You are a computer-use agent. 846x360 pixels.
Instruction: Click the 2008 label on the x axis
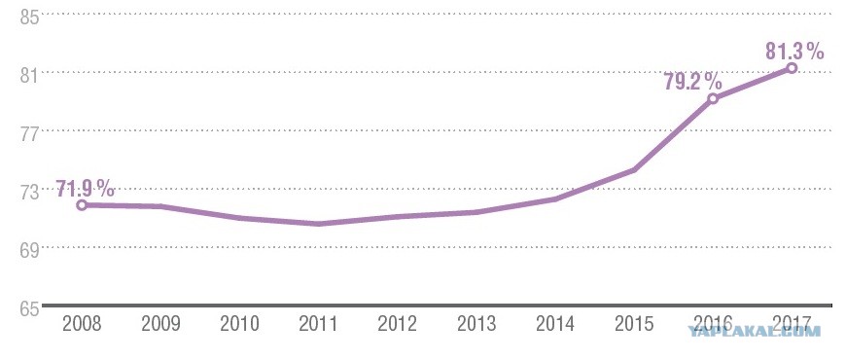(x=82, y=324)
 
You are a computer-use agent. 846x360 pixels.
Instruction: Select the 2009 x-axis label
(x=160, y=324)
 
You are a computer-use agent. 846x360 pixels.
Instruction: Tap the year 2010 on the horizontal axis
(x=239, y=324)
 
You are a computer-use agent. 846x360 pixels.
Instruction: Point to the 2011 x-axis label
(x=318, y=324)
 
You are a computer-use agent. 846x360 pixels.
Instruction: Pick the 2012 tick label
(x=398, y=324)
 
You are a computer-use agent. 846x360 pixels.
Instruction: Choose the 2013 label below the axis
(x=476, y=324)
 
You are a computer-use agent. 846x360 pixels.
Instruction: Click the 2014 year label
(x=555, y=324)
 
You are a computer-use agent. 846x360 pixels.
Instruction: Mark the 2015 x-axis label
(x=634, y=324)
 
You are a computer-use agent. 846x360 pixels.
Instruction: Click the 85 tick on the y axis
(x=30, y=18)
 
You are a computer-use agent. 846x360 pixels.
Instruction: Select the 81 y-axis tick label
(x=30, y=76)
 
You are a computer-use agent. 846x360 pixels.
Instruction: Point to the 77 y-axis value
(x=30, y=134)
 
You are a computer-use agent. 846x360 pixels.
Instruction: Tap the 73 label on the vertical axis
(x=30, y=193)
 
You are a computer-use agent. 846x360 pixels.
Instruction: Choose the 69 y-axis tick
(x=30, y=251)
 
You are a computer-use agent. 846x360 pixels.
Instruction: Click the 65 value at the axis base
(x=30, y=309)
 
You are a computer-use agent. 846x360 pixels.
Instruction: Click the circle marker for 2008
(x=82, y=204)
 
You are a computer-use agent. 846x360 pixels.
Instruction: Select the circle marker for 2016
(x=713, y=98)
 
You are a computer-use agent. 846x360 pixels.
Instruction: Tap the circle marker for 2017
(x=792, y=67)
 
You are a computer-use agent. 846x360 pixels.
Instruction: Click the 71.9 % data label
(x=86, y=189)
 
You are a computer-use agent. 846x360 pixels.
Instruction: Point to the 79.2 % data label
(x=692, y=82)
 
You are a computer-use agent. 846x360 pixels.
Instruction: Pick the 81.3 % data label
(x=794, y=52)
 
